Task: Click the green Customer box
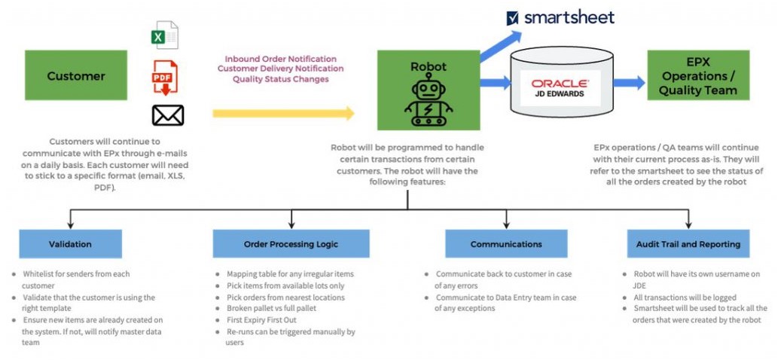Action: coord(76,75)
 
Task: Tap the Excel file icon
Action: coord(165,35)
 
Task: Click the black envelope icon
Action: coord(168,115)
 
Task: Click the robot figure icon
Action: coord(429,102)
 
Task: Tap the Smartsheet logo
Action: coord(561,17)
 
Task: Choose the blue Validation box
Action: coord(70,244)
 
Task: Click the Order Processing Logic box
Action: coord(291,244)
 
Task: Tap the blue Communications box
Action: coord(506,244)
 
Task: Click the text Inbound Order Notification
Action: coord(280,59)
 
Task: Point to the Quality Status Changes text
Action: coord(280,78)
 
